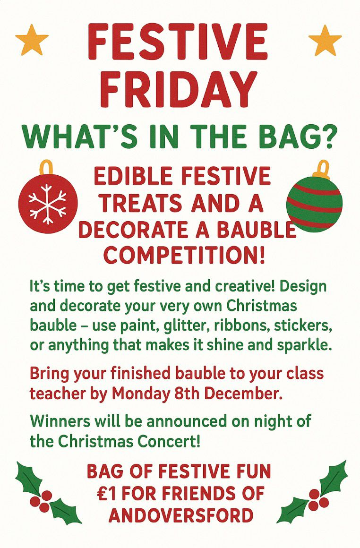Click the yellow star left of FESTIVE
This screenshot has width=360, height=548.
(x=32, y=39)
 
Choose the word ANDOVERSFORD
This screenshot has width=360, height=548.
(x=180, y=514)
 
